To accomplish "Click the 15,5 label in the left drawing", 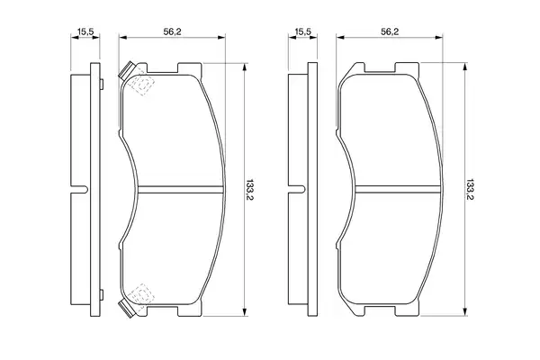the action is point(85,31).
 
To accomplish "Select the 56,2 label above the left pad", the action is point(172,31).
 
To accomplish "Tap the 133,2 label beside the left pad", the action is point(250,190).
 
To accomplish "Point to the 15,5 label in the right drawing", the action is point(303,31).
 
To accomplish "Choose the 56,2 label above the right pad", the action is point(390,31).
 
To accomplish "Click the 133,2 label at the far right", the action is point(468,190).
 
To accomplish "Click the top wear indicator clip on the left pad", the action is point(127,70).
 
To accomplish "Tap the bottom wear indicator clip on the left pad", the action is point(127,309).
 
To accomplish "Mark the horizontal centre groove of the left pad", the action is point(181,190).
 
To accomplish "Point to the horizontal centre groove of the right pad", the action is point(398,190).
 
